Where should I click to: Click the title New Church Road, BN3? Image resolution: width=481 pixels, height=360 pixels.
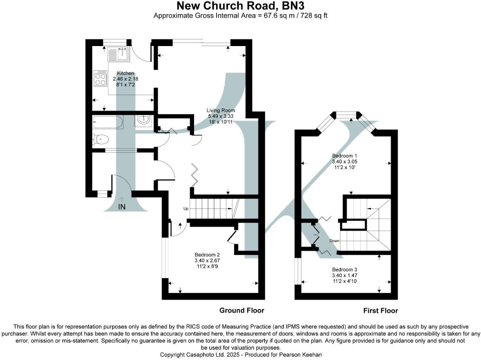click(x=240, y=6)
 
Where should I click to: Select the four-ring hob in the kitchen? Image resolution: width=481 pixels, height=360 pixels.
click(x=100, y=78)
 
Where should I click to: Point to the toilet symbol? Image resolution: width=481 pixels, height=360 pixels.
click(x=100, y=140)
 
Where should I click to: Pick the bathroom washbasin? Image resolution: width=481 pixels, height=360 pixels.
click(x=144, y=120)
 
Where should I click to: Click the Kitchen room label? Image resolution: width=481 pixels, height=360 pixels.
click(x=125, y=73)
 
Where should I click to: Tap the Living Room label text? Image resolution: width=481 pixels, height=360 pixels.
click(x=220, y=110)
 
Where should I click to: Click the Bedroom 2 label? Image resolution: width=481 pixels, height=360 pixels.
click(x=207, y=255)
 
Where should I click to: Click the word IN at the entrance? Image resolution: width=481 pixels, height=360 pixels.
click(x=122, y=207)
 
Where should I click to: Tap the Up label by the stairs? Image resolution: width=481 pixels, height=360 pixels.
click(x=186, y=208)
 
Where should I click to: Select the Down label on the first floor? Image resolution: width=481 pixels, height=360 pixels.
click(x=334, y=241)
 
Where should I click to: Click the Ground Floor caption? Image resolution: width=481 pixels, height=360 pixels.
click(x=242, y=310)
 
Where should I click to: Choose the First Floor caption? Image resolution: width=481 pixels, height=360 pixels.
click(x=380, y=310)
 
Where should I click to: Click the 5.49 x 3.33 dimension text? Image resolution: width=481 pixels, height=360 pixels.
click(x=220, y=116)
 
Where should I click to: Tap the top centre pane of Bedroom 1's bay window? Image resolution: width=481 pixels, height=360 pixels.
click(x=346, y=114)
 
